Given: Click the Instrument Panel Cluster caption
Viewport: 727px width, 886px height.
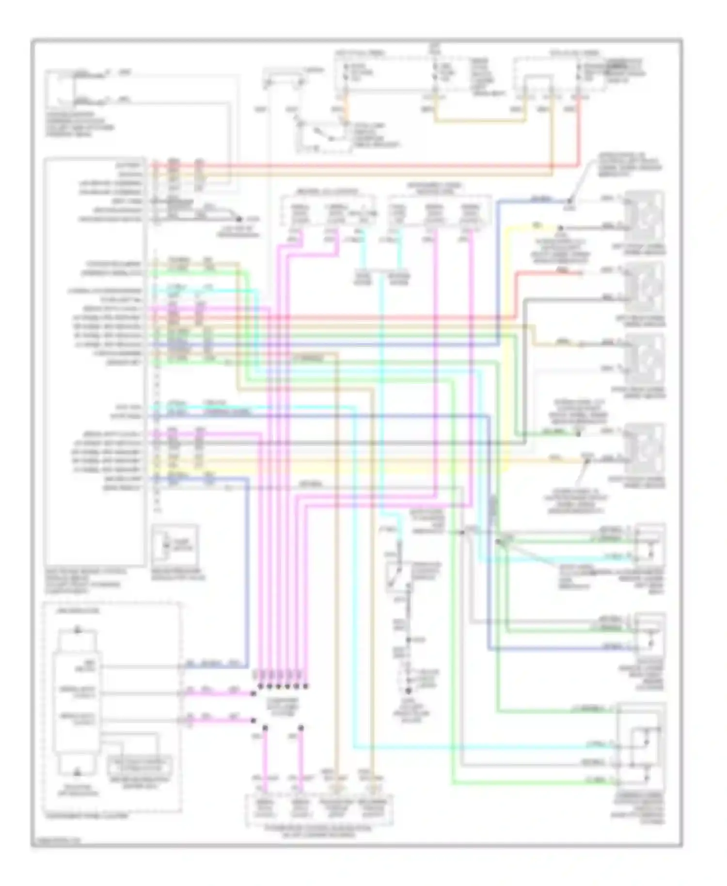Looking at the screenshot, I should point(86,816).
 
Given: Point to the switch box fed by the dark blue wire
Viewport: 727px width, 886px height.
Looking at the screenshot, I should point(649,635).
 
